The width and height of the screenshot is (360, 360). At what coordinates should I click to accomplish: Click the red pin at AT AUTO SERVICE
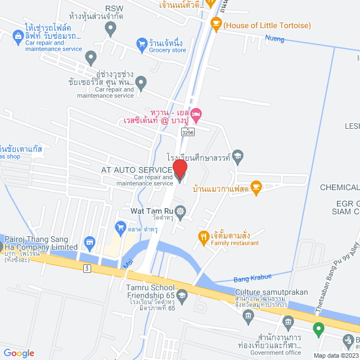coord(179,169)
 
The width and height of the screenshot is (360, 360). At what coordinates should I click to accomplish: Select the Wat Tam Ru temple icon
coord(180,212)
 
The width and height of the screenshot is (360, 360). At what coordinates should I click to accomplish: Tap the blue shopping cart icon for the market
coord(120,227)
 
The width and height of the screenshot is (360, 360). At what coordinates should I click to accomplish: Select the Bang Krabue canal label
coord(253,276)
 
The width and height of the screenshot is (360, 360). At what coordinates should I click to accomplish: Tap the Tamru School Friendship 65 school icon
coord(182,295)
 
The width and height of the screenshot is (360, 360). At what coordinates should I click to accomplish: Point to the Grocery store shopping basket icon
coord(142,43)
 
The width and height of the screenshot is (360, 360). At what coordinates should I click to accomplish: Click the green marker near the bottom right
coord(318,330)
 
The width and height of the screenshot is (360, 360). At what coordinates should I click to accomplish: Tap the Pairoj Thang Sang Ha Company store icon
coord(89,243)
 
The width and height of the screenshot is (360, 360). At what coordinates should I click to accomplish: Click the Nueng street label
coord(275,39)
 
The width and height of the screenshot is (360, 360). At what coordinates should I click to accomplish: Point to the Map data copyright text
coord(336,355)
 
